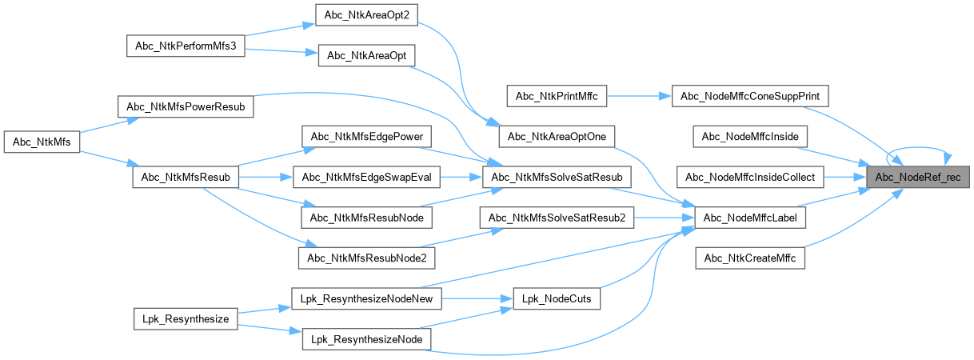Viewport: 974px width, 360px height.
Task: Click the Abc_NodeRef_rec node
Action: (918, 177)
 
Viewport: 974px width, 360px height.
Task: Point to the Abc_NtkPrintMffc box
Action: (557, 96)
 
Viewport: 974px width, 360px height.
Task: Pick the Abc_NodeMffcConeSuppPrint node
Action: (750, 96)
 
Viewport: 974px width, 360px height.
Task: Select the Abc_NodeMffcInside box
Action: (750, 137)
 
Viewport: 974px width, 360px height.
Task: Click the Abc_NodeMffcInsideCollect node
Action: (750, 177)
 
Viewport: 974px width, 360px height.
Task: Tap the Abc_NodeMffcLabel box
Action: (750, 217)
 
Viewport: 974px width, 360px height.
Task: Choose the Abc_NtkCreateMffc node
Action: (750, 258)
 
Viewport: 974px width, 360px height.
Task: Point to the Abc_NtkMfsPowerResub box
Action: (186, 106)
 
